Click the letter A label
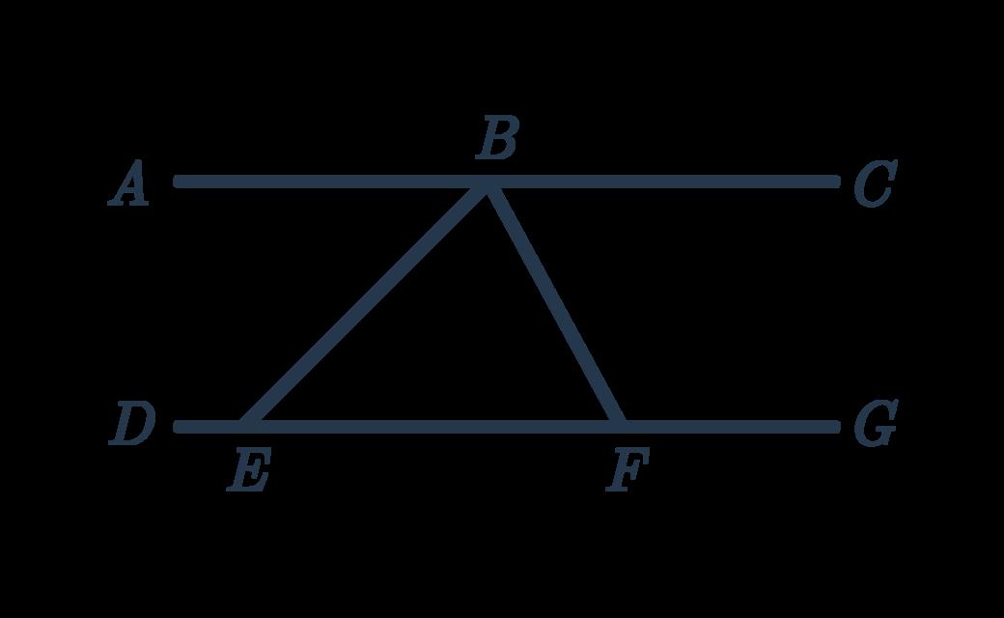129,184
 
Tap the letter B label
497,138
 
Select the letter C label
874,184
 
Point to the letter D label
131,425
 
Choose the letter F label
627,472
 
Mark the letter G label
875,425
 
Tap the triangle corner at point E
247,425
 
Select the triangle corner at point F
619,425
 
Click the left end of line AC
178,181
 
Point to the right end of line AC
835,181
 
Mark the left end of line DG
178,425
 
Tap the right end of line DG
835,425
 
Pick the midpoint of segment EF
432,425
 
